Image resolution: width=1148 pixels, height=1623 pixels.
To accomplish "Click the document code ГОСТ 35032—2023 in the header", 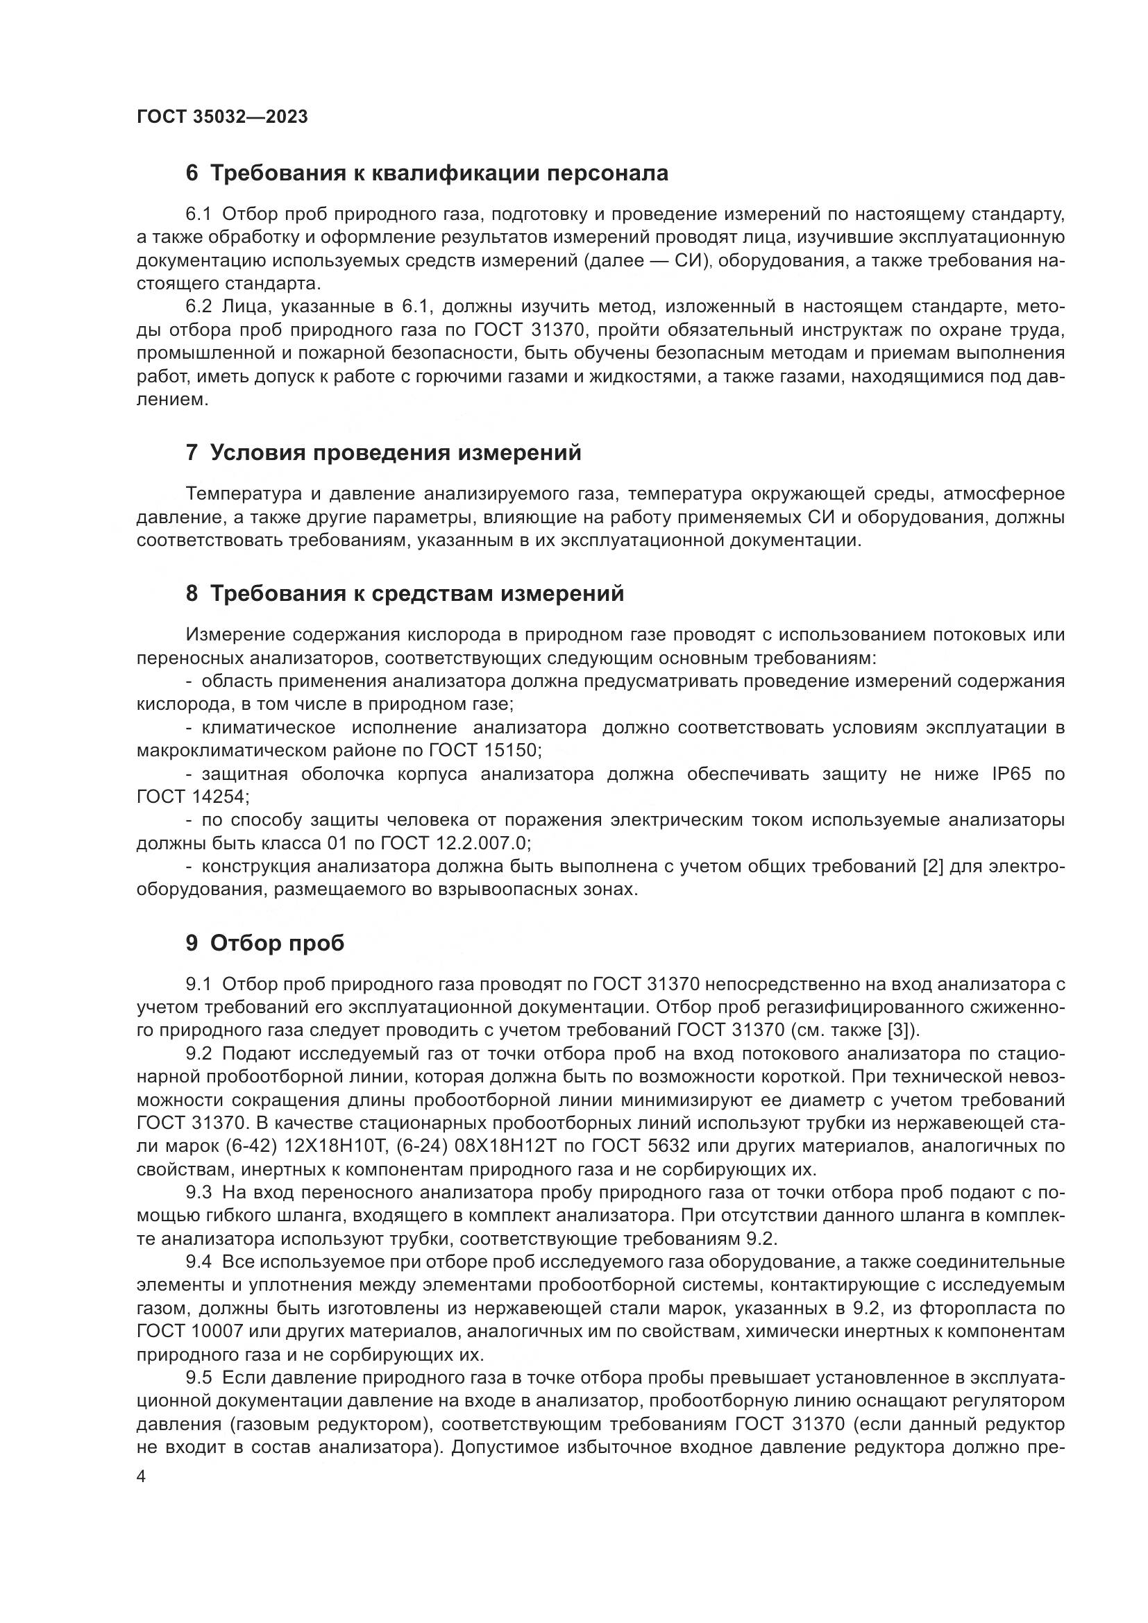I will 222,117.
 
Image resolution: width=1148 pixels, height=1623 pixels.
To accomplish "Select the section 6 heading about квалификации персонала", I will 426,173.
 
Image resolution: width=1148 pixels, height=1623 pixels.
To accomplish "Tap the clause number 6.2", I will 199,307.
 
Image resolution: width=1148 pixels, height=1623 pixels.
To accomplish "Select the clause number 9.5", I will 199,1378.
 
